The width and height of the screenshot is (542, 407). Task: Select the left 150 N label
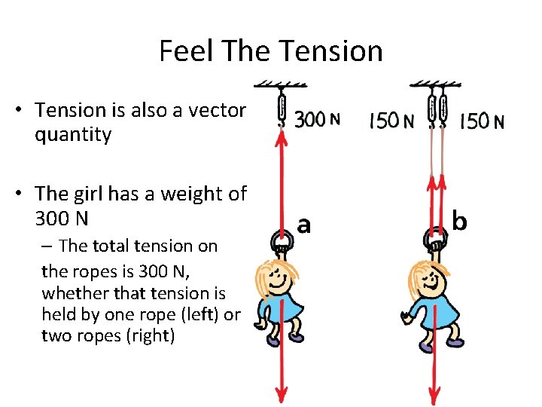(391, 121)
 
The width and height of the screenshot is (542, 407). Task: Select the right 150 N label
(482, 121)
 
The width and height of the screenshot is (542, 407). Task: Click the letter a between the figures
(304, 225)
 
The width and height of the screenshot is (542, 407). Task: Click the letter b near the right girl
(459, 222)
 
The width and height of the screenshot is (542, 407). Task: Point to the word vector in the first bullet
(218, 110)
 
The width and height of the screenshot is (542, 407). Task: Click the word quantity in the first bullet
(73, 136)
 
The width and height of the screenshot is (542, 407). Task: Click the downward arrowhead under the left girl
(281, 392)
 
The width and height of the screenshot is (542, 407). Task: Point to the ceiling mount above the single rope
(280, 84)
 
